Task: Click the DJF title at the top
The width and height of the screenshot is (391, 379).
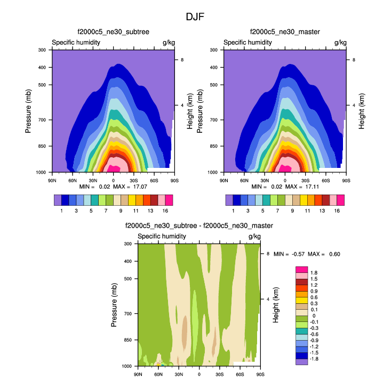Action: pos(195,17)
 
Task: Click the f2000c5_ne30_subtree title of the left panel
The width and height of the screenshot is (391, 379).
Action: pos(114,32)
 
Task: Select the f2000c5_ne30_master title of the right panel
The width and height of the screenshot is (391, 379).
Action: pos(285,32)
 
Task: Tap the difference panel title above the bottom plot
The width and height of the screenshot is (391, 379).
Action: pos(199,226)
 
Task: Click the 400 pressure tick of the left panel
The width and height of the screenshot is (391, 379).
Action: pos(42,67)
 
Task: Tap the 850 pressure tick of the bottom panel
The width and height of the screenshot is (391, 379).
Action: pos(128,340)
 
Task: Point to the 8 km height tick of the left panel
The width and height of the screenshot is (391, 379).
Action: pos(182,60)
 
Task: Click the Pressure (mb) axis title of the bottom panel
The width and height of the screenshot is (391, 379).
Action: pos(115,305)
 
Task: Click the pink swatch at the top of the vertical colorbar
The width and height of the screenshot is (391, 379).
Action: pos(301,269)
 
